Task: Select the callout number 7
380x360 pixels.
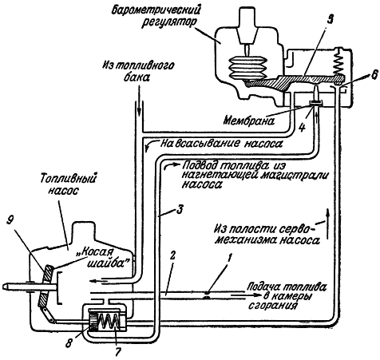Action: pyautogui.click(x=118, y=351)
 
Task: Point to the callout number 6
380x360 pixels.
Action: pyautogui.click(x=374, y=75)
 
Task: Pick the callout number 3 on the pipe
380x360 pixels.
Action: pyautogui.click(x=180, y=210)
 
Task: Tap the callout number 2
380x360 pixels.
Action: pyautogui.click(x=172, y=256)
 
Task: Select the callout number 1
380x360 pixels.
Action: pyautogui.click(x=230, y=257)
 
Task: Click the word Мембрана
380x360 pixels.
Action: pyautogui.click(x=249, y=121)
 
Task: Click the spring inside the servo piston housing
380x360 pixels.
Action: pyautogui.click(x=109, y=322)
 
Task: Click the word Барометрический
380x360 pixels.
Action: pyautogui.click(x=156, y=10)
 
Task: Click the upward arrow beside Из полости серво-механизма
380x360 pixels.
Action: pyautogui.click(x=327, y=224)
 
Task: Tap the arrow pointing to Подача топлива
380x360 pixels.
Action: pyautogui.click(x=245, y=295)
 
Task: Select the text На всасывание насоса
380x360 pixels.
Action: pyautogui.click(x=221, y=144)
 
